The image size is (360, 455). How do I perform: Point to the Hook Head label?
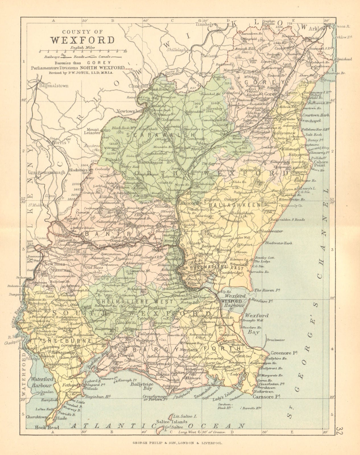47,427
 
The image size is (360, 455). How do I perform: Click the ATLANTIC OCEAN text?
158,426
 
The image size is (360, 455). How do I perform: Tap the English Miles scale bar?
82,52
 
